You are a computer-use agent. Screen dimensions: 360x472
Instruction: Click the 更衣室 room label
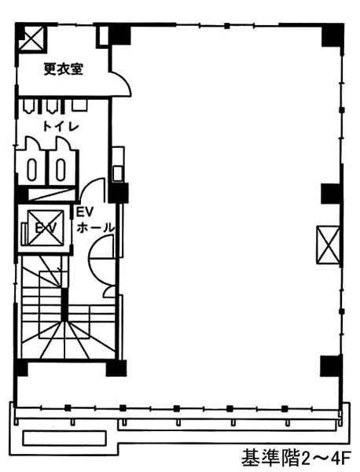click(63, 69)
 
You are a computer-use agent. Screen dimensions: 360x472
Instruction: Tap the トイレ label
click(61, 127)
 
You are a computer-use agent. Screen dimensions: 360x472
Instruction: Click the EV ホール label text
click(94, 219)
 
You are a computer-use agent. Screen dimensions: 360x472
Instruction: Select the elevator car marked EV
click(46, 228)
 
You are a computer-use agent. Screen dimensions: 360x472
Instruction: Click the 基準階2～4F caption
click(296, 458)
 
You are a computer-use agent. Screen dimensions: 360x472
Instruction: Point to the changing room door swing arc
click(124, 82)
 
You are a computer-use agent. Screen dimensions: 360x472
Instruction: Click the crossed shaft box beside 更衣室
click(31, 38)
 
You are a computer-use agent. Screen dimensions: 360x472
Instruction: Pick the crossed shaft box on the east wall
click(328, 245)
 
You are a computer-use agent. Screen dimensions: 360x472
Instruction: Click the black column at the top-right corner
click(332, 35)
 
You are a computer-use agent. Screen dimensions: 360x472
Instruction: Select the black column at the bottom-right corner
click(331, 366)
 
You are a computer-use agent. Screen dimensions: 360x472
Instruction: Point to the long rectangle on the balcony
click(64, 438)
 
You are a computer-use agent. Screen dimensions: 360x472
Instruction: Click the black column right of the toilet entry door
click(118, 193)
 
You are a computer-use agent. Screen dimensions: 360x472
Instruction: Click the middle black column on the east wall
click(332, 194)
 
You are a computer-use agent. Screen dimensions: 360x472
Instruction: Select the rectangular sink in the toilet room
click(79, 105)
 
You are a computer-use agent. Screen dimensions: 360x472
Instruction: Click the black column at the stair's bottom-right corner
click(116, 368)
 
